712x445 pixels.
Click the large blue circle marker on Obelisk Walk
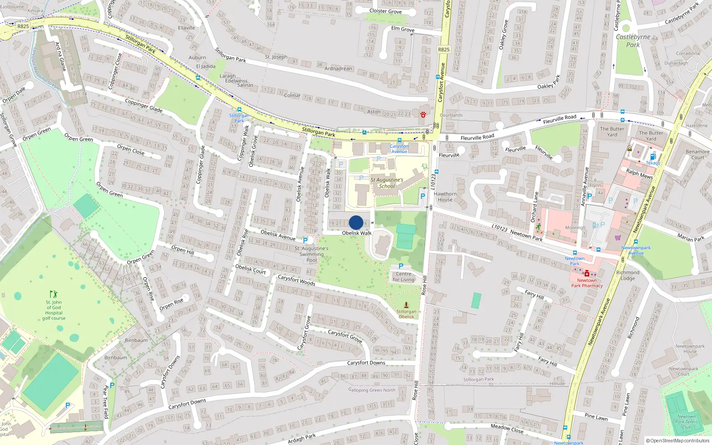356,222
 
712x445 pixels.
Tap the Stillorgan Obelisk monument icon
406,305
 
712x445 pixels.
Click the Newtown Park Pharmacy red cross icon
587,274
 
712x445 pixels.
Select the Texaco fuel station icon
653,157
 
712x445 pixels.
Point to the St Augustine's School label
387,183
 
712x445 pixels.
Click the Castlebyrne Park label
633,40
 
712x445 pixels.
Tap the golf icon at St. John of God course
54,294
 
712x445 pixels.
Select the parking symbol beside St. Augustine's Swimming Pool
305,241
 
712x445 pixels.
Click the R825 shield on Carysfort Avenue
444,49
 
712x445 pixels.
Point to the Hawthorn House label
445,197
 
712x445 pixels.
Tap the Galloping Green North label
372,390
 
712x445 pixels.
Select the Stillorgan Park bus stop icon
239,109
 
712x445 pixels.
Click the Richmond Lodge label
627,275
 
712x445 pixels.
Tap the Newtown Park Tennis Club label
687,422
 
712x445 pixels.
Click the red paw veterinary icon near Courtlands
423,114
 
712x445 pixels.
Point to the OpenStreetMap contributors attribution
678,441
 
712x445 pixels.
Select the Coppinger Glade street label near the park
143,105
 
